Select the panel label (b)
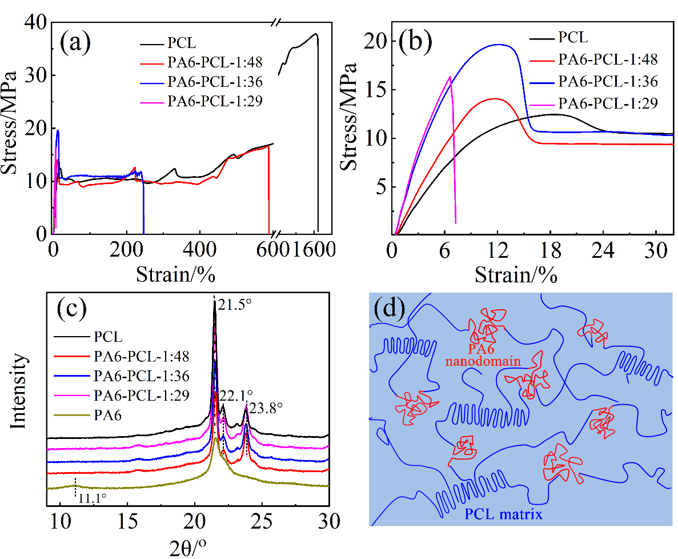[416, 43]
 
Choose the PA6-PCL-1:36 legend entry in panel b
[608, 81]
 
